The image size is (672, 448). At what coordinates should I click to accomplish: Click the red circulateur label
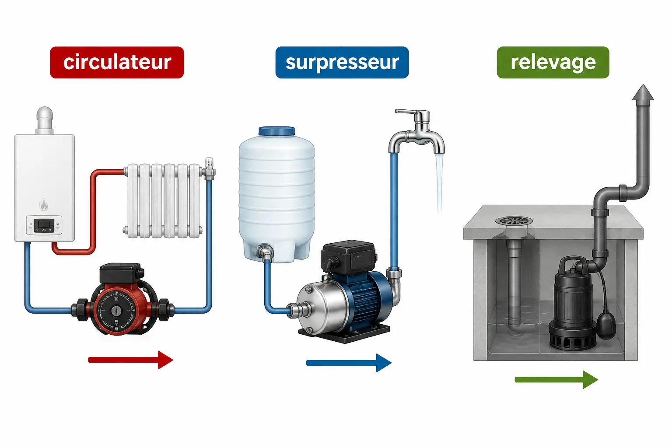pos(117,63)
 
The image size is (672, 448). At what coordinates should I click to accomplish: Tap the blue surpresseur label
pos(342,63)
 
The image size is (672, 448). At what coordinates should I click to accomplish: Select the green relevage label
pos(553,63)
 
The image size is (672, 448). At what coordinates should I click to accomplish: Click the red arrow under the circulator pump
pos(130,360)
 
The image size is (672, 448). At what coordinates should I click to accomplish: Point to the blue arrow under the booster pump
pos(349,363)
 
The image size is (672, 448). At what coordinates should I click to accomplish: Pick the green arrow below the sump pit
pos(556,380)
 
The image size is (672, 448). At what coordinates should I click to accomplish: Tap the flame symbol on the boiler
pos(44,204)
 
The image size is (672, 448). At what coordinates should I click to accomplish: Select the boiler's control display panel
pos(44,225)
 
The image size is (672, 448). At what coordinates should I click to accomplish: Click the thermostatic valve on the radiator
pos(209,168)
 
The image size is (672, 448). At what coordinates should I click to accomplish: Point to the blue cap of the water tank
pos(276,131)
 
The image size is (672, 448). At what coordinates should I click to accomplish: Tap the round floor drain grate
pos(514,221)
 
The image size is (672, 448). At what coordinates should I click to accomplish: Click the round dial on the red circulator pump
pos(116,311)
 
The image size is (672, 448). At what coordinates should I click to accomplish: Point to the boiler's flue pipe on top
pos(45,120)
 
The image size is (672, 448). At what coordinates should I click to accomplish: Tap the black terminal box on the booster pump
pos(349,257)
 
